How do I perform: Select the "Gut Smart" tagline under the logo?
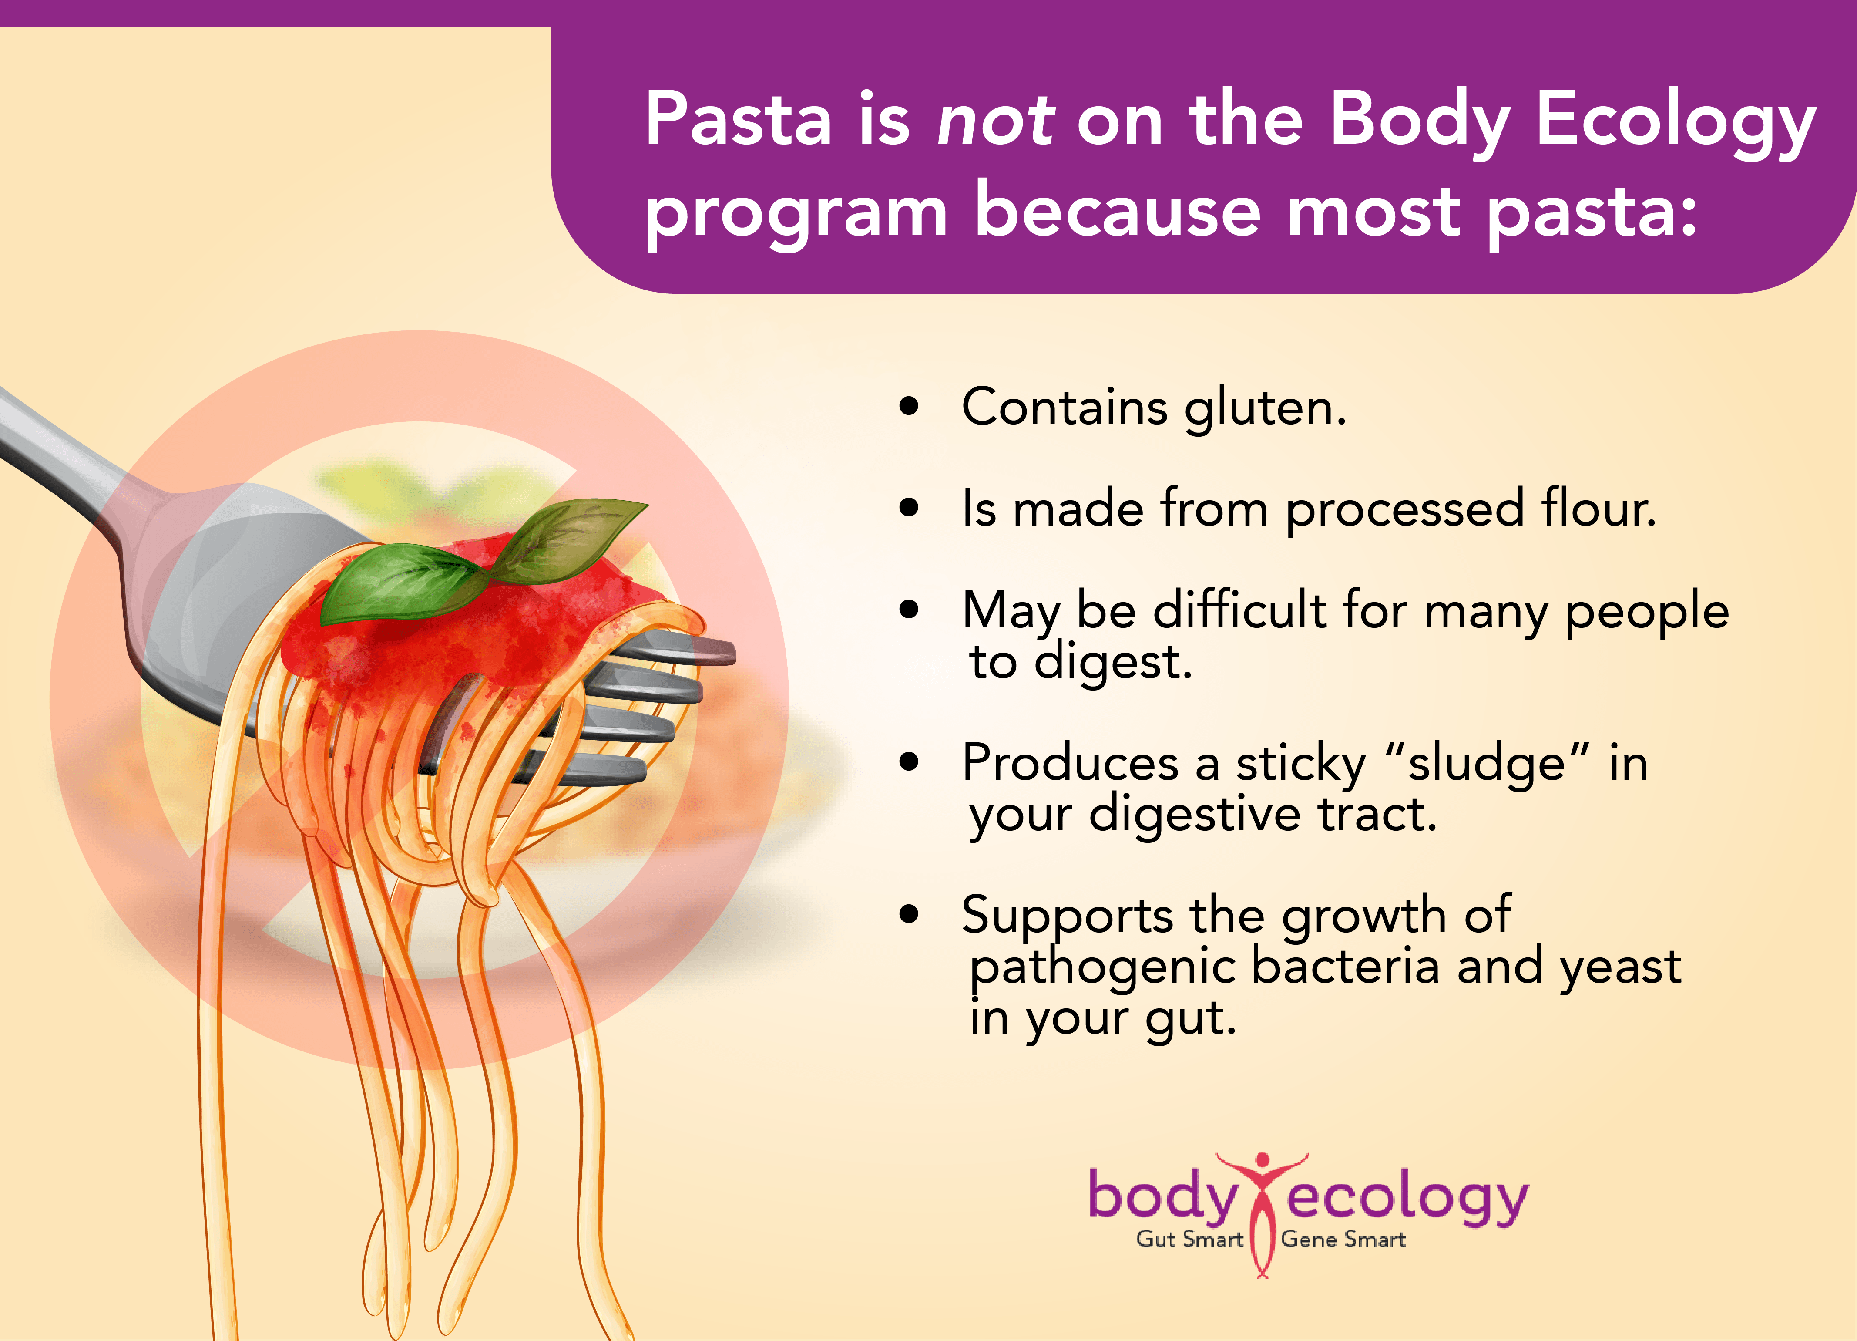tap(1189, 1240)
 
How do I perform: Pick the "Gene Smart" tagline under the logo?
tap(1343, 1240)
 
